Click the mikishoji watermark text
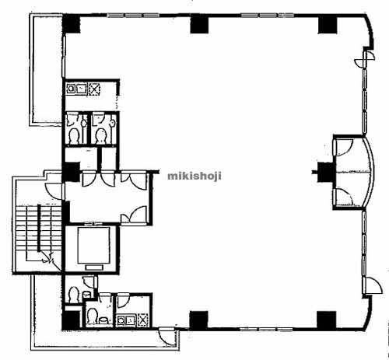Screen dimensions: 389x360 194,177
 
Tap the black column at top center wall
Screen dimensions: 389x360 199,24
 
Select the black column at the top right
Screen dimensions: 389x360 328,25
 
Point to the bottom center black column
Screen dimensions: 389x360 198,320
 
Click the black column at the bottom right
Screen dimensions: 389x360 326,320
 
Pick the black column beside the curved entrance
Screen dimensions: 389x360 325,172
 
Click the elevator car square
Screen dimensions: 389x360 94,245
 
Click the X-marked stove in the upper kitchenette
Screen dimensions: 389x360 94,89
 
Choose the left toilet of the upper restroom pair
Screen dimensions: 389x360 74,136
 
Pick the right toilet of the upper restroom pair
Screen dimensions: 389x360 100,136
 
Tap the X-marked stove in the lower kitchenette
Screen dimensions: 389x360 143,320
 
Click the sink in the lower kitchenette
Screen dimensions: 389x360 126,320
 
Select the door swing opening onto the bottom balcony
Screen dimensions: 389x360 166,336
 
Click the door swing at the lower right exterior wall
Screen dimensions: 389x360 373,285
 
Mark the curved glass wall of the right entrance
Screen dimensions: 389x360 370,172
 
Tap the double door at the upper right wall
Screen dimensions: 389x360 365,59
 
